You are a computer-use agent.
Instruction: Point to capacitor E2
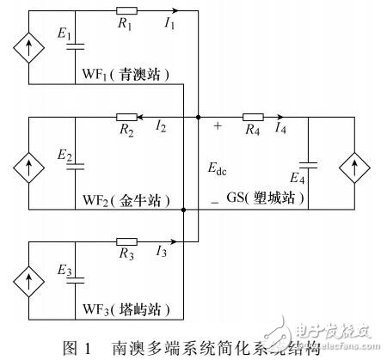pos(75,165)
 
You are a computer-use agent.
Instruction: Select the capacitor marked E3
pos(75,279)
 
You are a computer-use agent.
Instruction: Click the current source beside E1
pos(28,48)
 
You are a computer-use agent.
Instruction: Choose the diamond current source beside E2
pos(28,164)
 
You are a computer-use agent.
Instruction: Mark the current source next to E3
pos(28,279)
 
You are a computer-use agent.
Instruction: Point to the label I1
pos(169,24)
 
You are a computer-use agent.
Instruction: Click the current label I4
pos(280,130)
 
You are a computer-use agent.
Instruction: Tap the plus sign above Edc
pos(217,126)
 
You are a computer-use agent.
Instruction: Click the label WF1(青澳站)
pos(133,74)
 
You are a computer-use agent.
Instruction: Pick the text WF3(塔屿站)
pos(133,308)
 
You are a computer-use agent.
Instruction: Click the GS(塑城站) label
pos(266,198)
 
